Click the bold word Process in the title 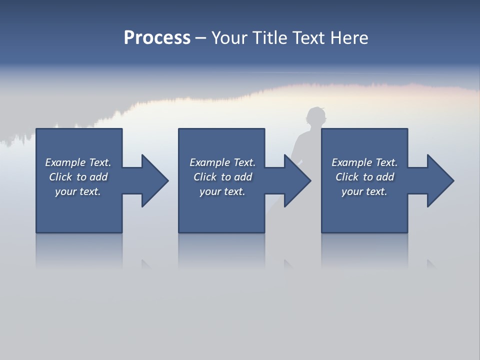pyautogui.click(x=157, y=38)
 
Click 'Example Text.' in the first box pyautogui.click(x=78, y=162)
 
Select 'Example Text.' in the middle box pyautogui.click(x=222, y=162)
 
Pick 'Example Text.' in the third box pyautogui.click(x=364, y=162)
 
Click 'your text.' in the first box pyautogui.click(x=78, y=191)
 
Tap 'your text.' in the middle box pyautogui.click(x=222, y=191)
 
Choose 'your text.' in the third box pyautogui.click(x=364, y=191)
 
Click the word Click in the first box pyautogui.click(x=60, y=177)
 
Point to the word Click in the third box pyautogui.click(x=347, y=177)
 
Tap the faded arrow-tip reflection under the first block pyautogui.click(x=146, y=263)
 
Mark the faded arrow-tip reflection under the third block pyautogui.click(x=431, y=263)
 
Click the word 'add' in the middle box pyautogui.click(x=243, y=177)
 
